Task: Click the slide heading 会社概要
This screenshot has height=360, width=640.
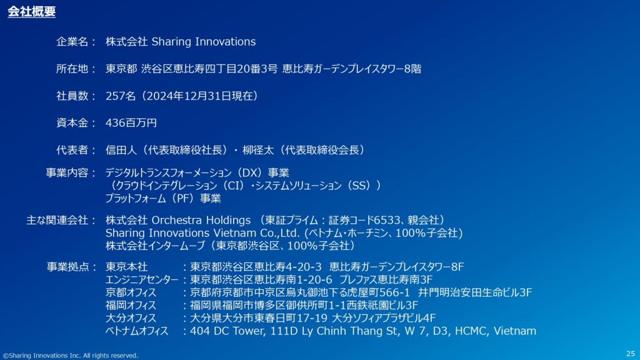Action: pos(31,11)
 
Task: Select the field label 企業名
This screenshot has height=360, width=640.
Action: pos(72,42)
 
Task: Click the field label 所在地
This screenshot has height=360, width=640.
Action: pos(72,69)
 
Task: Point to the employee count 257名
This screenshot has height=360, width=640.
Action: pos(121,96)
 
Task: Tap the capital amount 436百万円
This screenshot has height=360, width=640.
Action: pos(131,123)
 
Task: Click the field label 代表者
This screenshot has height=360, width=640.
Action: pos(72,150)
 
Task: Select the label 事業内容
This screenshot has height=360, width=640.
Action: pos(66,172)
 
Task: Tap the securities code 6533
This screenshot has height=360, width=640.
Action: pos(387,221)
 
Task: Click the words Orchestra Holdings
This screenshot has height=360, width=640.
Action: pos(201,221)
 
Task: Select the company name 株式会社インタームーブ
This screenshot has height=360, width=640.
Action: pos(155,246)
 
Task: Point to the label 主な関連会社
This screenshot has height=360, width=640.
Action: pos(57,221)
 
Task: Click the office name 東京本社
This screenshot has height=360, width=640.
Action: pos(126,267)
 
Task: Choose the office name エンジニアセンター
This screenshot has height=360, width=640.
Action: pos(142,279)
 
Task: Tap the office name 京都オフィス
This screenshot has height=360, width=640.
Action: pos(131,292)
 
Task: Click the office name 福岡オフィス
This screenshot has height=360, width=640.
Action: pos(131,305)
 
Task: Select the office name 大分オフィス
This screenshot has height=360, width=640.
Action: pos(131,318)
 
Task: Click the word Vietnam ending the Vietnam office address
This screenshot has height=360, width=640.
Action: pos(515,331)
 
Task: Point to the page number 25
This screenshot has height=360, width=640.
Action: pos(630,354)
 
